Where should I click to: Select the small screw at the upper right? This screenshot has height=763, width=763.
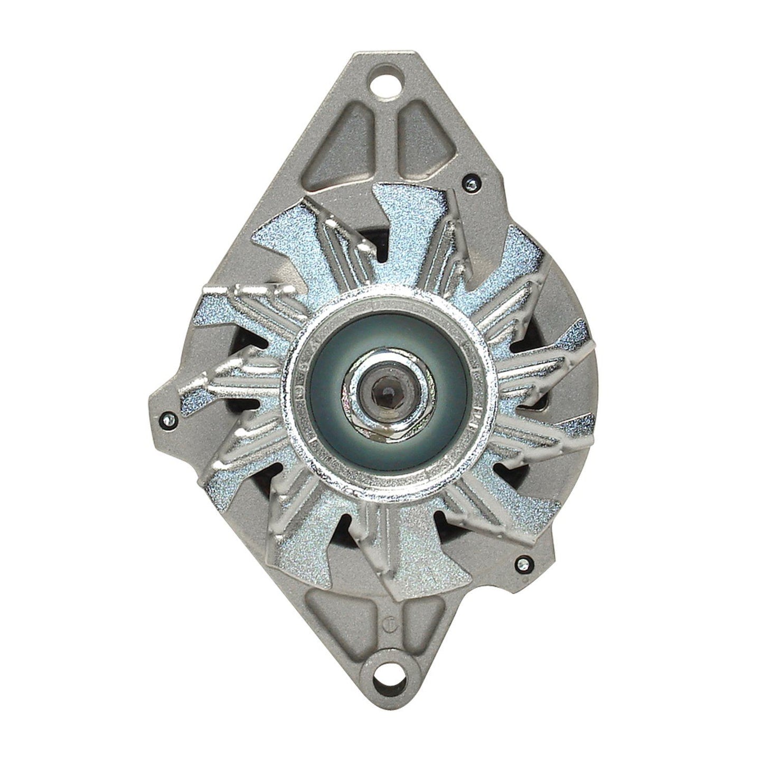click(x=469, y=183)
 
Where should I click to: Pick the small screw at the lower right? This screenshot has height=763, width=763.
click(x=525, y=563)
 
